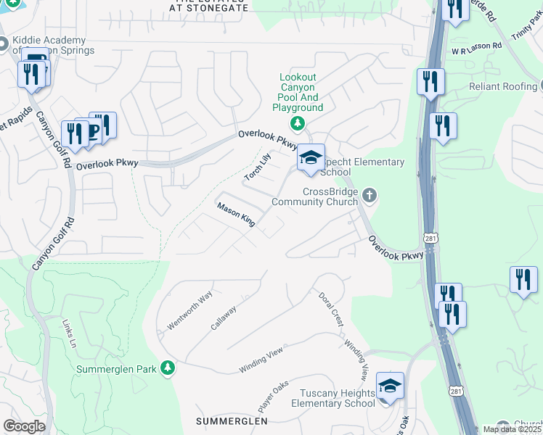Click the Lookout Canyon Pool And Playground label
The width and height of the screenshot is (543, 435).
(x=297, y=92)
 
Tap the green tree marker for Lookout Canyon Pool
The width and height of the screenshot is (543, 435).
(x=297, y=123)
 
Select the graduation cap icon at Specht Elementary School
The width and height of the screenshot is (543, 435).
(x=311, y=158)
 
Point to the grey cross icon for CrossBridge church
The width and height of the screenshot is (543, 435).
(x=370, y=194)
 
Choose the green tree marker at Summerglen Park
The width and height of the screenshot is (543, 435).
(x=168, y=368)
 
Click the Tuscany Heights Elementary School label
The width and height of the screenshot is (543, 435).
(x=333, y=398)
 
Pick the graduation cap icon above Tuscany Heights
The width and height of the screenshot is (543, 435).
(x=390, y=387)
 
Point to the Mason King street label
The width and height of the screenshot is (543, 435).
(x=236, y=215)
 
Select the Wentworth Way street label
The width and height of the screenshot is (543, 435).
(x=189, y=310)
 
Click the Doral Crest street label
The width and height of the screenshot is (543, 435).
(x=329, y=309)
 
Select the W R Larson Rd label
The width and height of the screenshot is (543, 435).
(x=476, y=46)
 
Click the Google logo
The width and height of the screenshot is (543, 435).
(x=24, y=426)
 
